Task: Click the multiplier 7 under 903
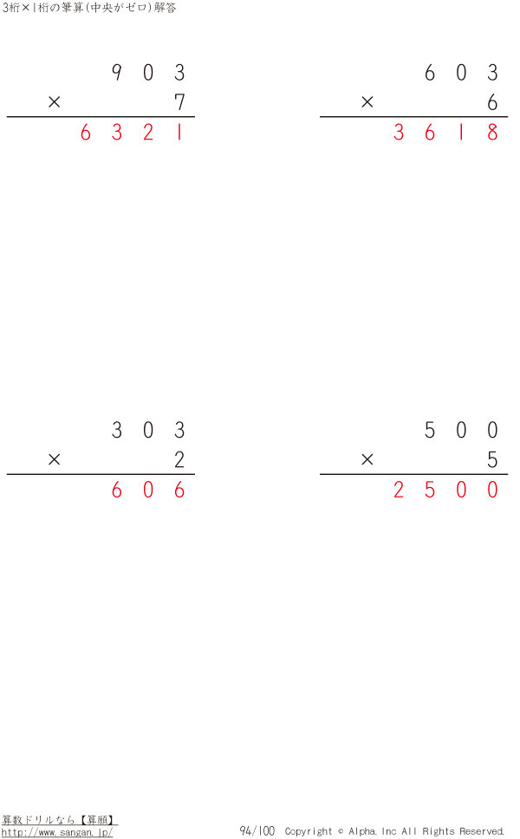tap(179, 103)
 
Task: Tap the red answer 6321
tap(132, 134)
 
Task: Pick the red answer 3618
tap(445, 134)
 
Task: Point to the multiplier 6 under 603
tap(492, 103)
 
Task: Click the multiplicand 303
tap(148, 431)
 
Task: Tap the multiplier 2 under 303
tap(179, 460)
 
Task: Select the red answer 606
tap(148, 491)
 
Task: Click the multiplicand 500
tap(461, 431)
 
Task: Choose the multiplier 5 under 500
tap(492, 460)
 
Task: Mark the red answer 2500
tap(445, 491)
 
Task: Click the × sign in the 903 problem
tap(55, 103)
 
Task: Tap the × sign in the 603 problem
tap(367, 103)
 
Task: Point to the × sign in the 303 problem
tap(55, 460)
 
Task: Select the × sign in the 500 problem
tap(367, 460)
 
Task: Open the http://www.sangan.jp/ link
tap(57, 832)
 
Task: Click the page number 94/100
tap(257, 831)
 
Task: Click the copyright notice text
tap(394, 831)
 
